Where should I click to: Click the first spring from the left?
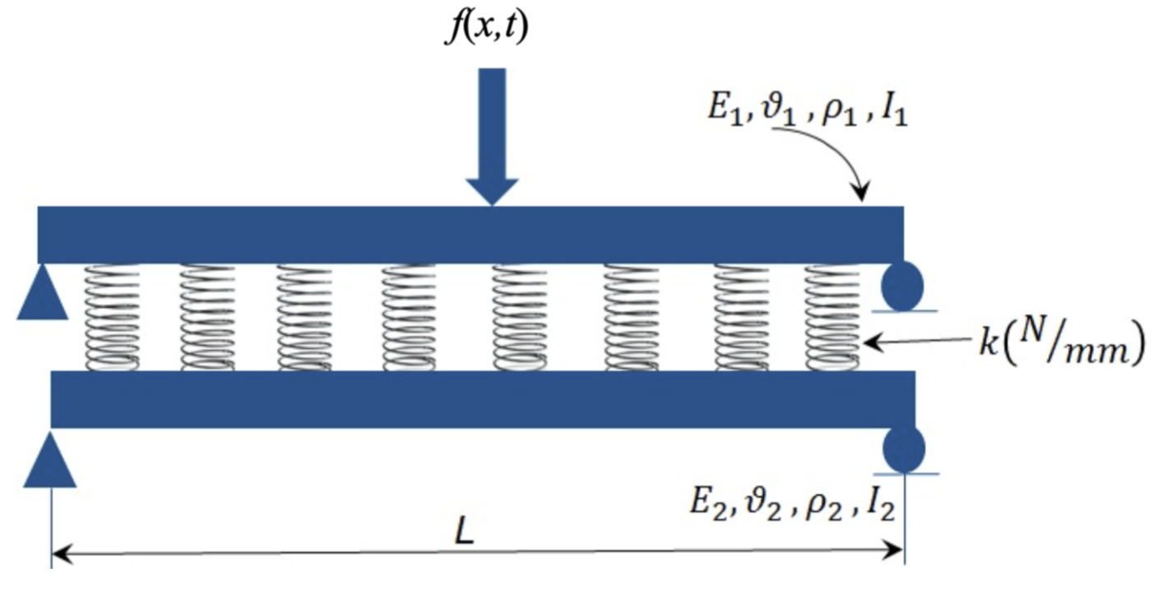(x=113, y=317)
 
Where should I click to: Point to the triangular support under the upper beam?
(x=42, y=297)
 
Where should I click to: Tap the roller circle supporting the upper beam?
(x=902, y=286)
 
